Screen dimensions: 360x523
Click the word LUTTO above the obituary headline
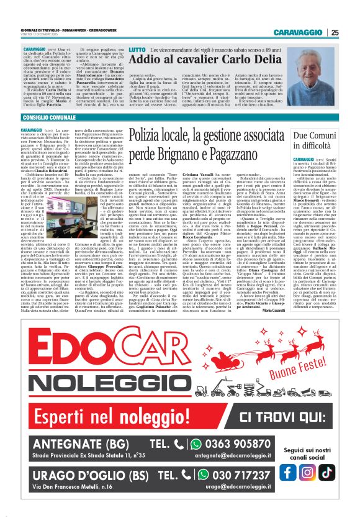pyautogui.click(x=138, y=49)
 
